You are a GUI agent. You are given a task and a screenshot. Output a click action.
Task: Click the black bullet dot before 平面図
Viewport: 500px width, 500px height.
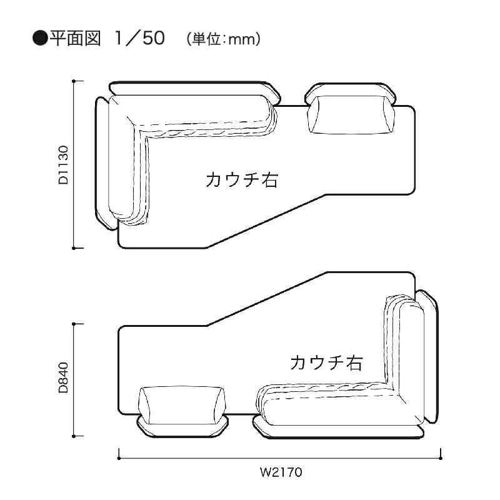click(x=40, y=39)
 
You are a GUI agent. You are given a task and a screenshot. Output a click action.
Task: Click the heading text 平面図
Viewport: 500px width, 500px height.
click(x=75, y=38)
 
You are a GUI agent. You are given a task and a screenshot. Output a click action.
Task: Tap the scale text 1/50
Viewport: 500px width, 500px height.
click(x=140, y=38)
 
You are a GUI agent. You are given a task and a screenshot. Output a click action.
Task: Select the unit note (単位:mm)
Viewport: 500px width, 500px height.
click(x=224, y=39)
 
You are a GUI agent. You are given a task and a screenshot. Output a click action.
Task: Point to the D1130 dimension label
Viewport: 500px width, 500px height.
click(x=64, y=165)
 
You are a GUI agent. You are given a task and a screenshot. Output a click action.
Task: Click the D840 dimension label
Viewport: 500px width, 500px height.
click(x=64, y=377)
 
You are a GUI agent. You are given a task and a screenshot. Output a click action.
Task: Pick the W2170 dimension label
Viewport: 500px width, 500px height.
click(x=281, y=472)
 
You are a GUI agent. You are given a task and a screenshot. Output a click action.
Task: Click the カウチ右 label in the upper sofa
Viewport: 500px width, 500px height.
click(x=242, y=180)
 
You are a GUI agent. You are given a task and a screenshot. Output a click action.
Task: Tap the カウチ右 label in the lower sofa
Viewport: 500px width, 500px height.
click(x=326, y=362)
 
